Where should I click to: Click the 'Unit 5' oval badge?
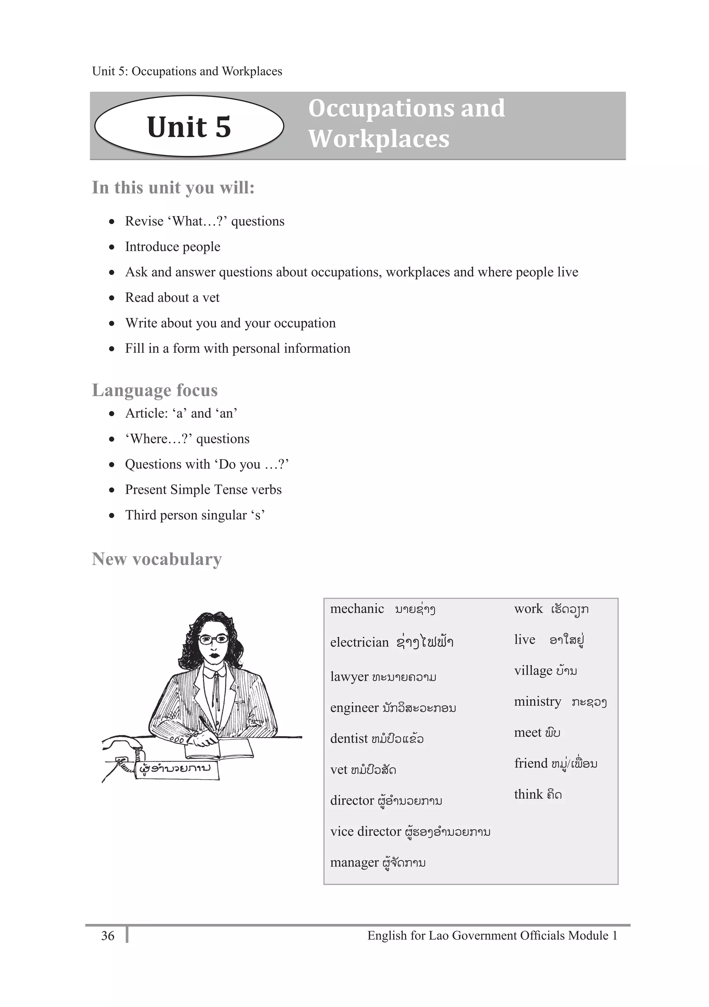click(x=189, y=126)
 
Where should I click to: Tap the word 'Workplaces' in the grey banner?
click(x=379, y=139)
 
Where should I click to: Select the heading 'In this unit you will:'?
click(x=173, y=188)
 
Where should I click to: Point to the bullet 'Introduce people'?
click(x=172, y=247)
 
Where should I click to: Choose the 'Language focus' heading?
click(x=154, y=390)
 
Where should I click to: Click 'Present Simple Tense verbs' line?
click(x=203, y=489)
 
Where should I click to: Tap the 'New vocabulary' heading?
click(x=156, y=559)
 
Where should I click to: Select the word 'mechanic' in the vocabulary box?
click(x=357, y=609)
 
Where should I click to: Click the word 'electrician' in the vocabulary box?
click(x=359, y=642)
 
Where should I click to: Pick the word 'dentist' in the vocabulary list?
click(x=349, y=739)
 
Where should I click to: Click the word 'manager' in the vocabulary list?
click(x=354, y=862)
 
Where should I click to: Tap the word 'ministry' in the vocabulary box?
click(x=537, y=701)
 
